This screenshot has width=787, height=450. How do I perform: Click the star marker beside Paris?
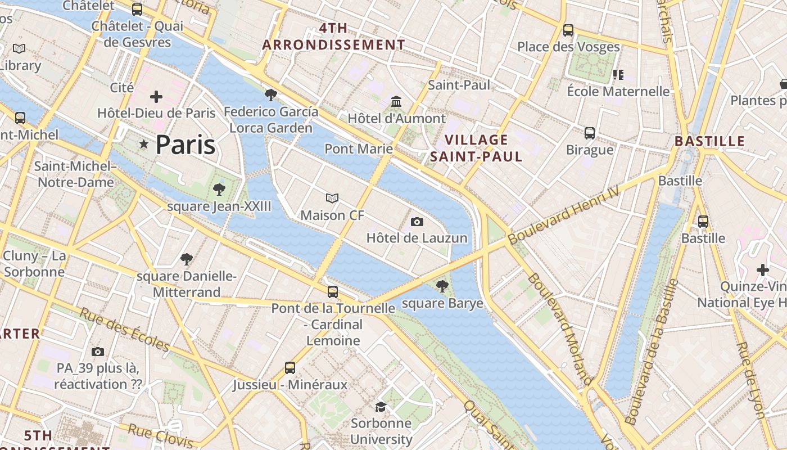[144, 145]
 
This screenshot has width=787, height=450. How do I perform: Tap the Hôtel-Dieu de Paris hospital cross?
[156, 97]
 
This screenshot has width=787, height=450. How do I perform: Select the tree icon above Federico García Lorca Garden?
[270, 95]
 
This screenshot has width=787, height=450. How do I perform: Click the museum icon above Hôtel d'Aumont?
[396, 102]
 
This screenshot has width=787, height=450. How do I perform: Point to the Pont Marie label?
[359, 149]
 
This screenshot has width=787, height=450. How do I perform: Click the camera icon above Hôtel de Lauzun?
[417, 222]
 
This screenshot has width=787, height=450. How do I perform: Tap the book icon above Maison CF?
[332, 199]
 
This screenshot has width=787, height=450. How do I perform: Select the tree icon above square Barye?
[442, 286]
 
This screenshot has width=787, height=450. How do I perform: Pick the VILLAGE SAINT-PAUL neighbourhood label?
[476, 148]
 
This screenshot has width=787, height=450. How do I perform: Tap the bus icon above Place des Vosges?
[568, 30]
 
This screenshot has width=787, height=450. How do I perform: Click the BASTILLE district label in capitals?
[709, 141]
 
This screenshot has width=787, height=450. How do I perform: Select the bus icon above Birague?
[589, 133]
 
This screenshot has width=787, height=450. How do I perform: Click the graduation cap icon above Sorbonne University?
[381, 407]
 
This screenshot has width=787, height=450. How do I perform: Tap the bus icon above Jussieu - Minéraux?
[290, 368]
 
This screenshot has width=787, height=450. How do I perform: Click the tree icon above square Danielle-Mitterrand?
[186, 259]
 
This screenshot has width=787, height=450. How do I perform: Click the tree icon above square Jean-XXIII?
[219, 190]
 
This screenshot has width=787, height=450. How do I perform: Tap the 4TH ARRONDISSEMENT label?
[333, 37]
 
